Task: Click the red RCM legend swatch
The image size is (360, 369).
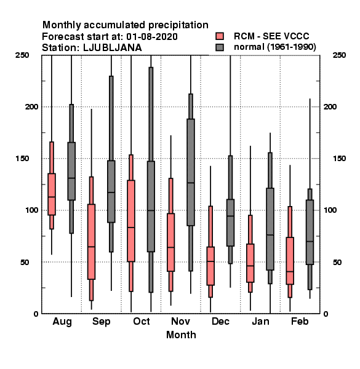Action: (220, 36)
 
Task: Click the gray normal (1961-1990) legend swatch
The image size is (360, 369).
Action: (220, 47)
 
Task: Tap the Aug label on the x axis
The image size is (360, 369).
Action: (62, 322)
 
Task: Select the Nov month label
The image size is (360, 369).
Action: (180, 321)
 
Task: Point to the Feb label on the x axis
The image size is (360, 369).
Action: (300, 321)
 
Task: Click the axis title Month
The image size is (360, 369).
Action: (181, 335)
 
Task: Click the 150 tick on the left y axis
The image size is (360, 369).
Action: (22, 159)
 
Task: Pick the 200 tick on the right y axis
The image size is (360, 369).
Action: (330, 106)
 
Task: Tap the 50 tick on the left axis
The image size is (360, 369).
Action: (25, 262)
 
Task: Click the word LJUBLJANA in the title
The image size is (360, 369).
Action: (113, 48)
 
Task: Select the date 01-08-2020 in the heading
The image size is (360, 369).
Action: (152, 37)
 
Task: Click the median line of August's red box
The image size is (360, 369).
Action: (52, 197)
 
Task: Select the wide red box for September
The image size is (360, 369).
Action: (91, 242)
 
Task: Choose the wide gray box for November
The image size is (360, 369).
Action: (191, 172)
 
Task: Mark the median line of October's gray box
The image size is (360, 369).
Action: (151, 210)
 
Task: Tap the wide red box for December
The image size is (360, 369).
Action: (210, 266)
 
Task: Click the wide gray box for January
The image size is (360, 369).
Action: (270, 229)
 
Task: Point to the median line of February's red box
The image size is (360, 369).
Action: (290, 272)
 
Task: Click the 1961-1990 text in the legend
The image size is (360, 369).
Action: (291, 47)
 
